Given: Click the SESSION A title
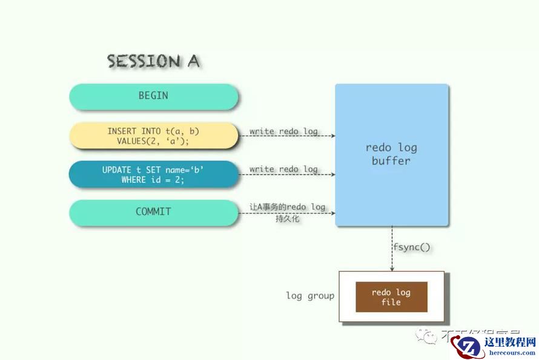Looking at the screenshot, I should click(x=153, y=61).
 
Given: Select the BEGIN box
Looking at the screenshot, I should click(x=153, y=96).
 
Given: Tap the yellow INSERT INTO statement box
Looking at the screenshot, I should click(x=153, y=135).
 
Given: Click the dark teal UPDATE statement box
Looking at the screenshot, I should click(x=153, y=175).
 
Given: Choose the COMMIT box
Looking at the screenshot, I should click(x=153, y=212).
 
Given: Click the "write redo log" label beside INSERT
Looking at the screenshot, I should click(x=283, y=131).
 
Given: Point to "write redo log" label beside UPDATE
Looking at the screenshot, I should click(x=283, y=169).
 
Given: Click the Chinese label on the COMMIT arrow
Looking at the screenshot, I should click(x=287, y=212).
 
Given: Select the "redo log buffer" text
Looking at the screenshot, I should click(x=391, y=154).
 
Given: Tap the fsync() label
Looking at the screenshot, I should click(x=412, y=247).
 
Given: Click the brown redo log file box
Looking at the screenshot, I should click(x=391, y=297).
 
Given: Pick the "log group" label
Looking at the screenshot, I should click(x=309, y=296).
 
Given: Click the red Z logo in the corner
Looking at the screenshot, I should click(x=468, y=345).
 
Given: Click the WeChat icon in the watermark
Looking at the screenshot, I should click(x=429, y=335).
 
